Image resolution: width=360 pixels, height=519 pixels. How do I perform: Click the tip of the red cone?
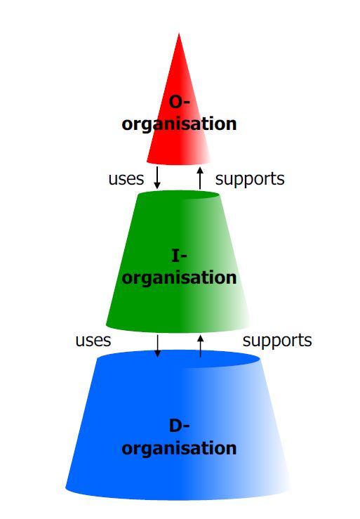click(x=179, y=33)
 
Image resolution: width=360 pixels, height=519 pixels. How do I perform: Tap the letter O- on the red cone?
click(x=180, y=101)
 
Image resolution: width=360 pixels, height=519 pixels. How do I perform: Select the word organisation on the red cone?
click(x=179, y=124)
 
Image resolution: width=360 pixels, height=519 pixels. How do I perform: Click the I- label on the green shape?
click(x=180, y=256)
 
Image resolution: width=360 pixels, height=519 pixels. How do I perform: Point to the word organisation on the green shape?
click(x=179, y=277)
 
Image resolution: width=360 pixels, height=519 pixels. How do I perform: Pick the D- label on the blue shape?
click(x=180, y=426)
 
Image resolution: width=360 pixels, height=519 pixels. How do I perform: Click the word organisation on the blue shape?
click(x=179, y=448)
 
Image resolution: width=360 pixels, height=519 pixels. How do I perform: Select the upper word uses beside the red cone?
click(x=126, y=179)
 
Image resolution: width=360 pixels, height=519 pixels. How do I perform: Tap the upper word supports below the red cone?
click(x=250, y=179)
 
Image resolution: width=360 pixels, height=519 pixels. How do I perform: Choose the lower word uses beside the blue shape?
click(x=93, y=341)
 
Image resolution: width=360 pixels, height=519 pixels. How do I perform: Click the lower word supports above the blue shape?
click(x=277, y=341)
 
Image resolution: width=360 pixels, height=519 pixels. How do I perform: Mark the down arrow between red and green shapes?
click(x=157, y=178)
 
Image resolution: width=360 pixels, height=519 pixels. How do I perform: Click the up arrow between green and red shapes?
click(x=200, y=178)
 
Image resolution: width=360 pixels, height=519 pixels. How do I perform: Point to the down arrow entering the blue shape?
click(x=157, y=346)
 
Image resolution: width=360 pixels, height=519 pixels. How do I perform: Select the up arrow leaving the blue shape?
click(x=200, y=346)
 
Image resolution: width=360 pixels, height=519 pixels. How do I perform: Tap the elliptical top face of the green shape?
click(x=179, y=195)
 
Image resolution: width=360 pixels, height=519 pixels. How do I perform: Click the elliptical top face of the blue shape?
click(x=179, y=359)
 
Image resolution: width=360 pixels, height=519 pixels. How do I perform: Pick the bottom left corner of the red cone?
click(x=147, y=162)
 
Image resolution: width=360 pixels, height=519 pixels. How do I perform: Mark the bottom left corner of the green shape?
click(x=106, y=324)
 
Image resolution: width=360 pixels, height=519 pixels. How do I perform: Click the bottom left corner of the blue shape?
click(x=65, y=487)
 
